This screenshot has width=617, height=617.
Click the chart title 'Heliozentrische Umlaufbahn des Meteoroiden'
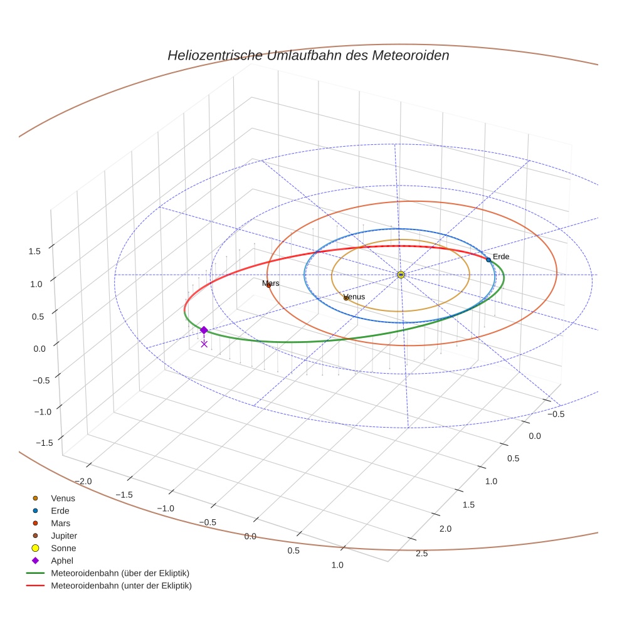click(308, 55)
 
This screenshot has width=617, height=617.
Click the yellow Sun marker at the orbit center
click(401, 275)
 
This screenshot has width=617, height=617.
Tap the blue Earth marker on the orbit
click(488, 260)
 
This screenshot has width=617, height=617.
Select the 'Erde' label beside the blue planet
click(501, 256)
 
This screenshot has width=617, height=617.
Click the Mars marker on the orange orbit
click(268, 286)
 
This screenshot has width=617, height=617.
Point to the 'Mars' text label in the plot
click(271, 283)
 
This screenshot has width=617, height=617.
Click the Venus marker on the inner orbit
click(346, 298)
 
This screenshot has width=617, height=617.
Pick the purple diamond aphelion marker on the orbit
click(204, 330)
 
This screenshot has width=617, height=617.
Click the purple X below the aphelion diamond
click(204, 344)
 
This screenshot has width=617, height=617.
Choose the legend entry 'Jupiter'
click(64, 535)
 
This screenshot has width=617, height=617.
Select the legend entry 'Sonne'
click(63, 548)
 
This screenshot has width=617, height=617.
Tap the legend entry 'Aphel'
click(62, 561)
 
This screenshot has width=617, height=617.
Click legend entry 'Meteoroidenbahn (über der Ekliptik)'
click(120, 573)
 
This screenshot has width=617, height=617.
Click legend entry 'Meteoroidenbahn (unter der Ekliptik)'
click(121, 586)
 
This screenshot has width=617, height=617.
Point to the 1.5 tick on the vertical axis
click(34, 251)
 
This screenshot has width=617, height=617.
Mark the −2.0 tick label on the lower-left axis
click(83, 481)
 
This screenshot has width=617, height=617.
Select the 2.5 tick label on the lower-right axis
click(422, 552)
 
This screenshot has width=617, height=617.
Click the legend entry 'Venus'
click(63, 498)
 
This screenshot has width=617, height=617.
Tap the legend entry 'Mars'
click(61, 523)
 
